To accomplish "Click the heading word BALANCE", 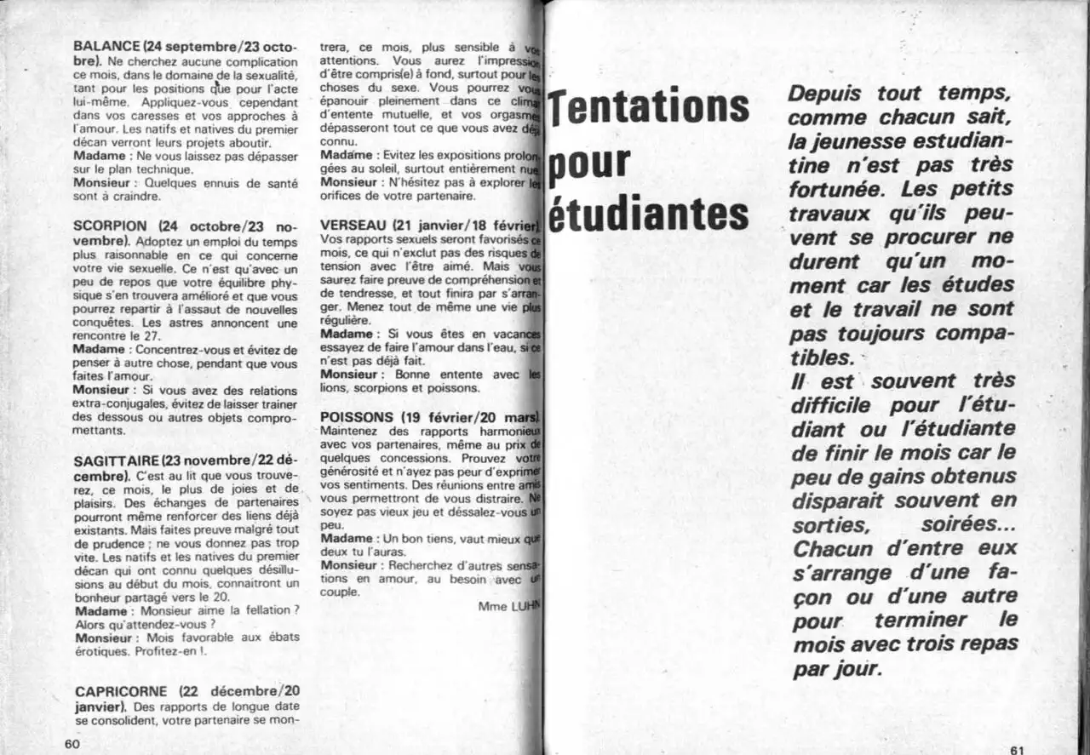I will click(x=106, y=48).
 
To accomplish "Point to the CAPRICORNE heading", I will click(x=123, y=692).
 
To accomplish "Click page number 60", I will click(x=72, y=744).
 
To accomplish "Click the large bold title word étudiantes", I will click(x=649, y=215).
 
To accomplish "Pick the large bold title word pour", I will click(x=589, y=163).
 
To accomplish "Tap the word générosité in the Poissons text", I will click(x=350, y=471).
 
